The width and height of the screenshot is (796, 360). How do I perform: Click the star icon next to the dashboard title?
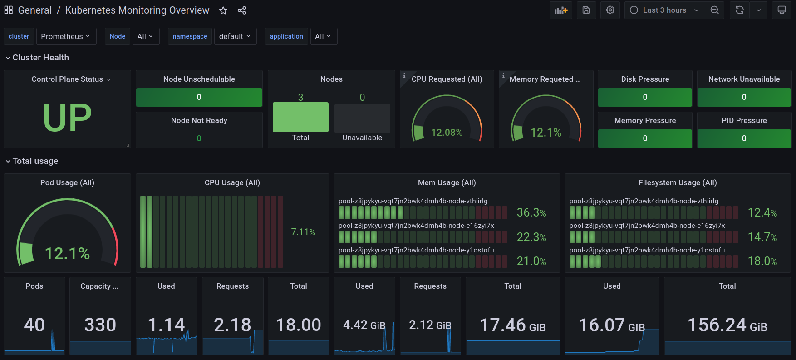tap(223, 10)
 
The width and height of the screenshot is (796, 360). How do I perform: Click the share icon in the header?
tap(242, 10)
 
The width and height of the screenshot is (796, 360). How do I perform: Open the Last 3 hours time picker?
tap(664, 10)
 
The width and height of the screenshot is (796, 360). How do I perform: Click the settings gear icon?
tap(610, 10)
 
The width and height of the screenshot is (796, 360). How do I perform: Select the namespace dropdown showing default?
tap(235, 36)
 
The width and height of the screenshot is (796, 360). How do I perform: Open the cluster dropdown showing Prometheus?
tap(66, 36)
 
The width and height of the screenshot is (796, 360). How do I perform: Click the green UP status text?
tap(67, 117)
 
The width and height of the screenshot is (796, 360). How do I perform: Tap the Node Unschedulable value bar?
tap(199, 97)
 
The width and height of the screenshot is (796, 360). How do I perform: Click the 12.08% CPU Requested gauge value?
tap(447, 133)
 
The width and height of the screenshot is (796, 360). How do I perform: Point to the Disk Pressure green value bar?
tap(645, 97)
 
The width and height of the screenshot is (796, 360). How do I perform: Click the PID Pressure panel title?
tap(744, 120)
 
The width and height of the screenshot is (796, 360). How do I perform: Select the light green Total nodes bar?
tap(300, 117)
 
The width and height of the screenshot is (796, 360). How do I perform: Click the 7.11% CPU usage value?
tap(303, 232)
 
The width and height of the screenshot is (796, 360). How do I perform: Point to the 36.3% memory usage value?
tap(531, 212)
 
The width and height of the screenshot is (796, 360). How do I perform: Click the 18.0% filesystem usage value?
tap(762, 261)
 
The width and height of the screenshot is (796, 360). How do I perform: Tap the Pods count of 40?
tap(34, 325)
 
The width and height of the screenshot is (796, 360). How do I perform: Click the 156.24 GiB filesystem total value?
tap(727, 325)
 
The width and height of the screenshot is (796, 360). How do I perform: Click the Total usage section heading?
tap(35, 161)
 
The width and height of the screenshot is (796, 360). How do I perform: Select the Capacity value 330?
tap(100, 325)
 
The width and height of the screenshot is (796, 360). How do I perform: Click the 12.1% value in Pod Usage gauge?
tap(67, 253)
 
